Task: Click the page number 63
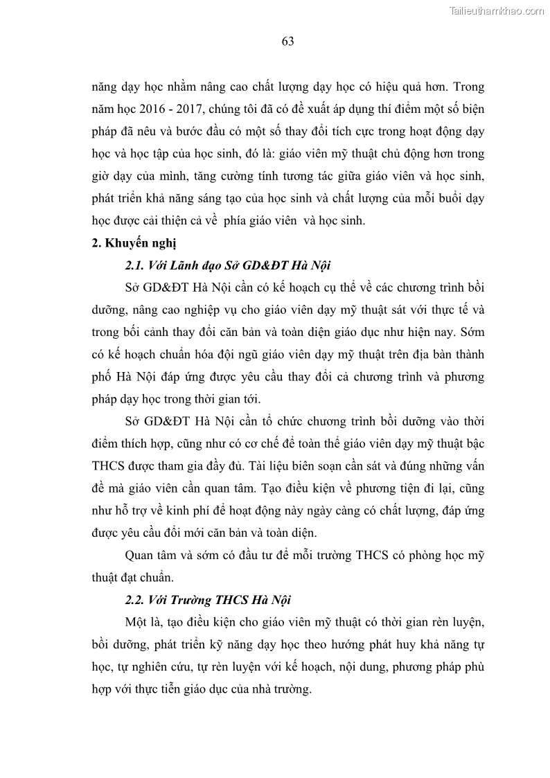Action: pyautogui.click(x=288, y=42)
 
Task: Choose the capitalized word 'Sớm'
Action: pyautogui.click(x=472, y=333)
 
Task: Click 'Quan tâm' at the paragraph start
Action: pyautogui.click(x=149, y=556)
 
